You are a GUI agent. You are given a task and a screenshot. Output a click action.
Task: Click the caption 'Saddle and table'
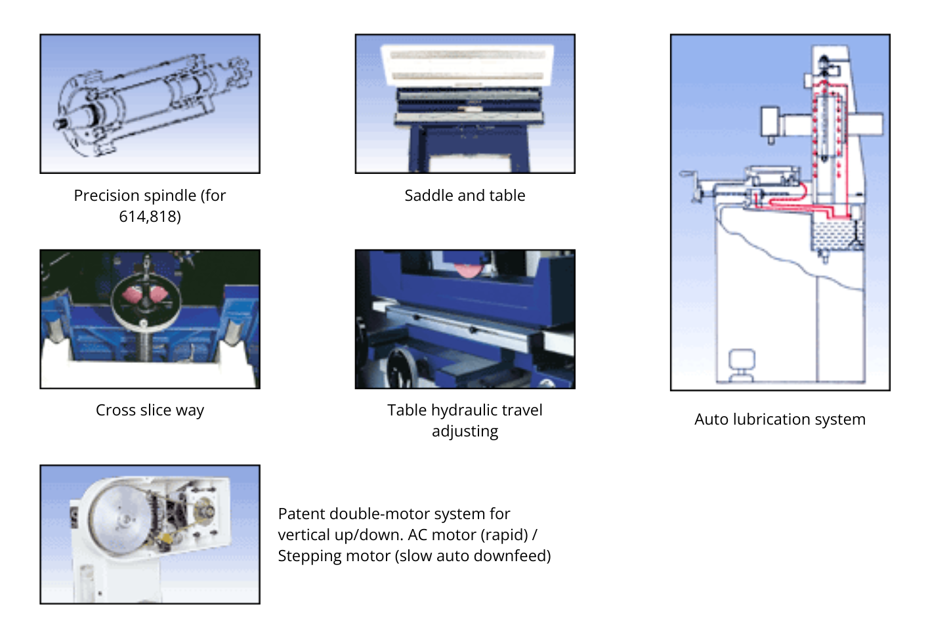coord(465,196)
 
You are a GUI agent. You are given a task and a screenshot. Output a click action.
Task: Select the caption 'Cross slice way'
coord(150,410)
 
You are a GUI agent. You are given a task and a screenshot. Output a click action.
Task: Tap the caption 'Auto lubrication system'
coord(780,419)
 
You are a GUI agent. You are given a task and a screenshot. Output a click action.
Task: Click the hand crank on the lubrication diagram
coord(689,184)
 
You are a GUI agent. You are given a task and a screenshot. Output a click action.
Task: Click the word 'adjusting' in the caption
coord(465,431)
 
